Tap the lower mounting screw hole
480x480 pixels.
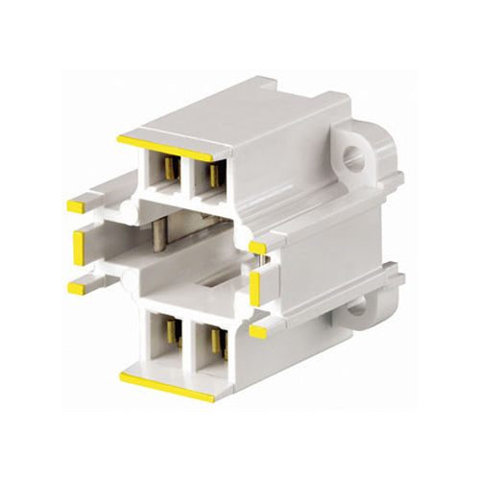(356, 307)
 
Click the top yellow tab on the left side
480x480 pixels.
(75, 206)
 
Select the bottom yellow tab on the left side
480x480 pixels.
(75, 287)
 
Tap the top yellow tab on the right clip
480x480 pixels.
(257, 249)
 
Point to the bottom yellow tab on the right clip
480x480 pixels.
(257, 330)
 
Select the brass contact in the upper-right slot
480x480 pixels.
(216, 175)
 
